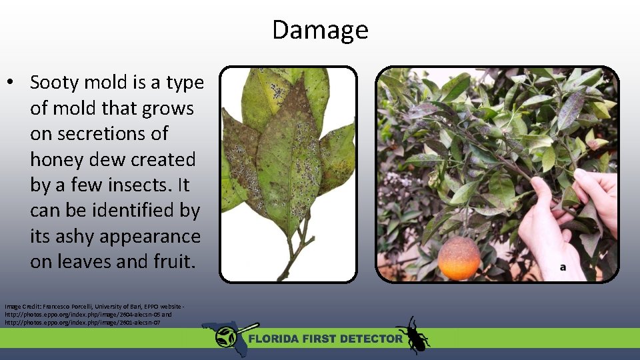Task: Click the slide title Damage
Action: tap(320, 30)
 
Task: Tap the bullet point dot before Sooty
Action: tap(11, 83)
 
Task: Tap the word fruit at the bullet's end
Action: tap(171, 262)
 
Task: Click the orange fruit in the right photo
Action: tap(459, 258)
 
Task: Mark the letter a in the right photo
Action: tap(563, 267)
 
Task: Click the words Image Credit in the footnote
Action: tap(19, 305)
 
